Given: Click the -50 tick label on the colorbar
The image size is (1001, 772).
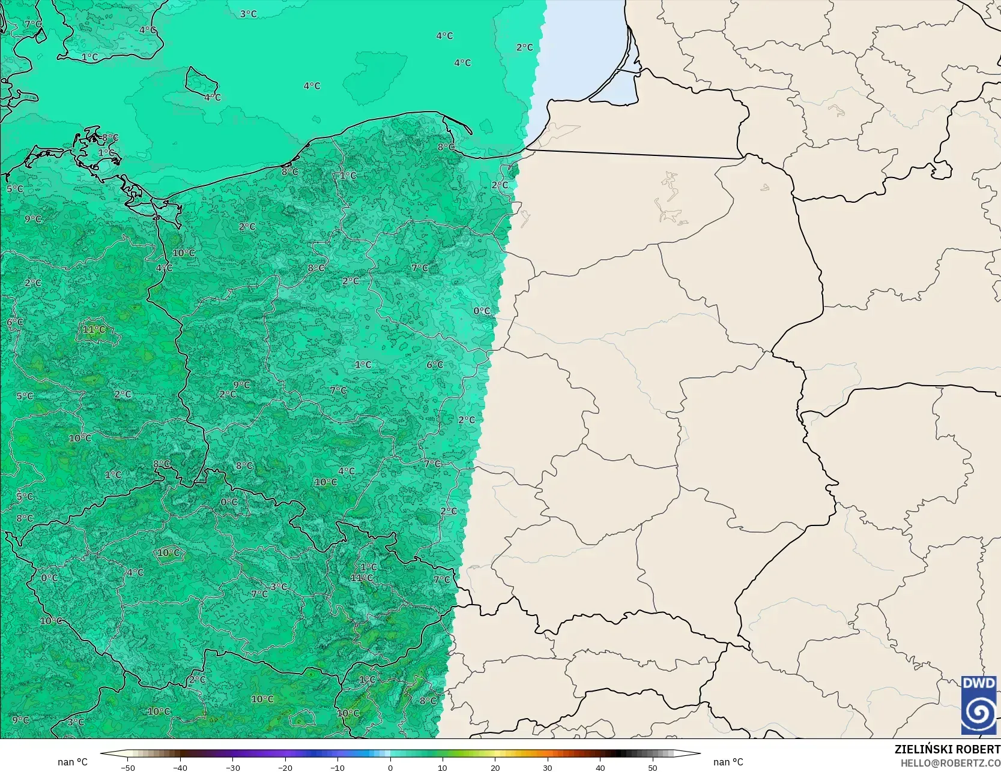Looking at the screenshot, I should (x=127, y=767).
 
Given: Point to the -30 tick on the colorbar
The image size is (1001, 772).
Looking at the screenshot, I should (x=232, y=767).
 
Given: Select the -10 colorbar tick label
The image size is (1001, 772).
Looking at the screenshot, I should (x=337, y=767).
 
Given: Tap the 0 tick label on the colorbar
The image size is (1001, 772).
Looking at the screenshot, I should (x=390, y=767).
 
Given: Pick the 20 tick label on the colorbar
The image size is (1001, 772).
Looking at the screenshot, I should (x=495, y=767).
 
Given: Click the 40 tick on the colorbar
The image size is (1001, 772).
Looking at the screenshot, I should (x=600, y=767).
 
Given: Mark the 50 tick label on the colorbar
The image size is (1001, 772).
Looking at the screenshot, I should (x=653, y=767).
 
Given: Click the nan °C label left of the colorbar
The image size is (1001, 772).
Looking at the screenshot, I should (x=73, y=762).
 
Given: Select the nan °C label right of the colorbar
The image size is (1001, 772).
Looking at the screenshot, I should (x=728, y=762).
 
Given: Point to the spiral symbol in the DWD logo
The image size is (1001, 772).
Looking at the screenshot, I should (x=979, y=712).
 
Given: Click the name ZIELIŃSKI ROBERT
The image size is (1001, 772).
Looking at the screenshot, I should (x=947, y=749).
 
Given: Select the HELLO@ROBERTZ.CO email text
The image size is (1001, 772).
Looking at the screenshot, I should (x=950, y=762).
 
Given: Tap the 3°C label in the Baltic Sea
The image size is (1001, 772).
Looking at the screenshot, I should (x=248, y=14).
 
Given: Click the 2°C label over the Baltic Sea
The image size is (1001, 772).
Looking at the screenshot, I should (x=524, y=47).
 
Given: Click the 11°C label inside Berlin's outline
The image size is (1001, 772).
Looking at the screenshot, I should (x=94, y=329).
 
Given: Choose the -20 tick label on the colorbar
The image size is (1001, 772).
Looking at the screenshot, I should (x=285, y=767).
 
